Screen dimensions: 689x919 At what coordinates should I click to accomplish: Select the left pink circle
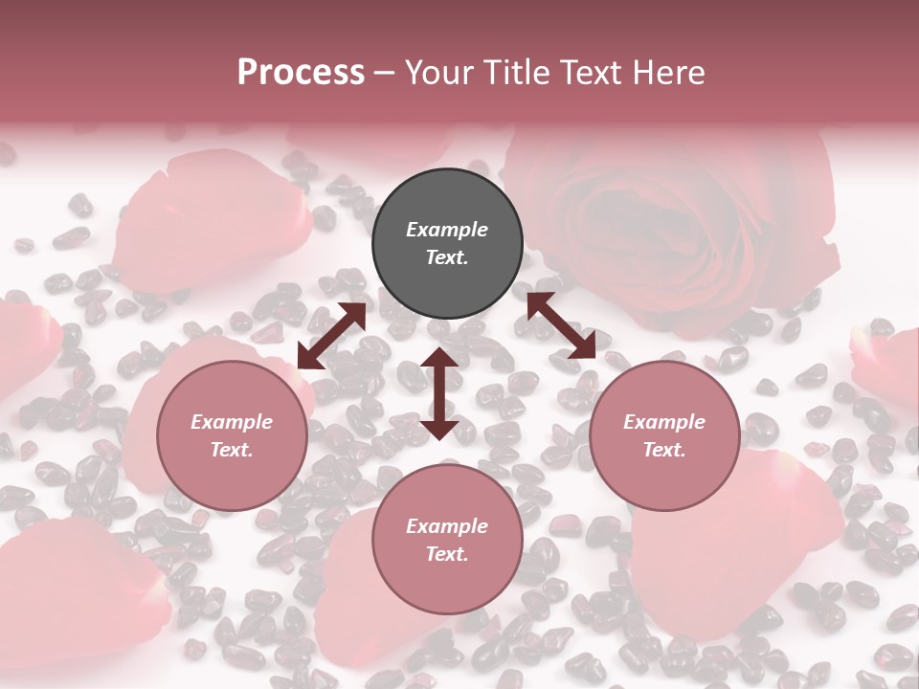pos(232,435)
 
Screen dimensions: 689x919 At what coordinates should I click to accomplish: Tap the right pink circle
pos(664,435)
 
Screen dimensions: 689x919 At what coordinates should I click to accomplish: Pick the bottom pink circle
pos(447,540)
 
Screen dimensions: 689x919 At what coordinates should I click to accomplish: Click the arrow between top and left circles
pos(331,336)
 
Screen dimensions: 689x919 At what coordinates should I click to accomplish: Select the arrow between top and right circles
pos(561,325)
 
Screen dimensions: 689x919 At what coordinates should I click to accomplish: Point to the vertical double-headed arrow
pos(438,393)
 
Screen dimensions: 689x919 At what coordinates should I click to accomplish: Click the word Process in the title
pos(301,72)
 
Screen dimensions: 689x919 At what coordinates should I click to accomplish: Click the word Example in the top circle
pos(447,230)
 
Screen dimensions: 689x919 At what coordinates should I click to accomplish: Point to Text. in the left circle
pos(232,450)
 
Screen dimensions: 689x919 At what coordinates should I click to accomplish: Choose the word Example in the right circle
pos(664,422)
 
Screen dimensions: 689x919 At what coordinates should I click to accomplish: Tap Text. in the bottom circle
pos(447,554)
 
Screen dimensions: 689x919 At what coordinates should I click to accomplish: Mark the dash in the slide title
pos(384,73)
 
